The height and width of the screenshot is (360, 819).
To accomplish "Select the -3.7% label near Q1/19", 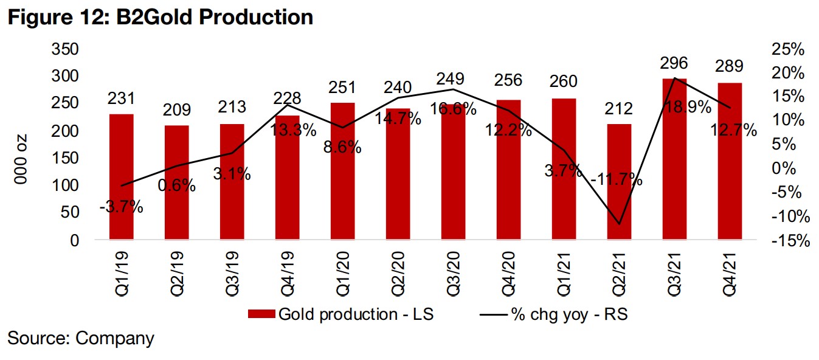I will (x=122, y=207).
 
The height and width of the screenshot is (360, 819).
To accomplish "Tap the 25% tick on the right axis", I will (x=788, y=49).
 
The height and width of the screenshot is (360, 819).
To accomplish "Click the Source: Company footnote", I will (x=80, y=338).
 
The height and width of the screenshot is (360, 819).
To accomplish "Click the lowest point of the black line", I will (x=620, y=224).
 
